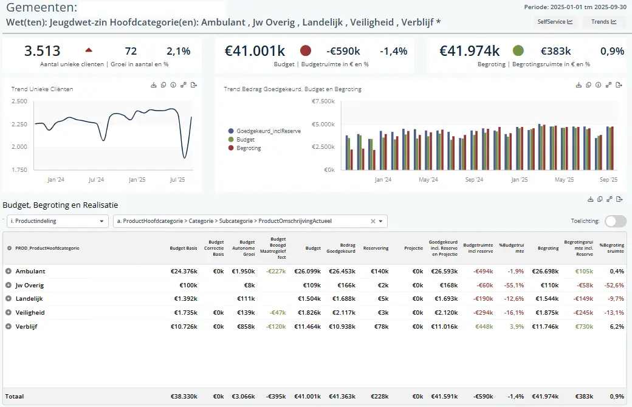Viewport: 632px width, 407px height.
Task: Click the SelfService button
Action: point(555,22)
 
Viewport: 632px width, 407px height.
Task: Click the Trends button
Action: point(604,22)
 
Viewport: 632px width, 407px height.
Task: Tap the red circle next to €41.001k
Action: point(306,50)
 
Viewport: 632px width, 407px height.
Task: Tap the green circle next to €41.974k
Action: point(518,50)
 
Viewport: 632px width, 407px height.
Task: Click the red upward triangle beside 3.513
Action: point(89,50)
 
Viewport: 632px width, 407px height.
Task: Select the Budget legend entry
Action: point(245,139)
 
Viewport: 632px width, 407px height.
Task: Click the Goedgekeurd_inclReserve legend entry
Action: point(268,131)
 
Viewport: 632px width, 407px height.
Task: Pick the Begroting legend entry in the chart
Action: point(248,148)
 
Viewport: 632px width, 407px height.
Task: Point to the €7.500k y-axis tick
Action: point(323,101)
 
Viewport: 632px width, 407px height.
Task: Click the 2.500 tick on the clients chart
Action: point(19,101)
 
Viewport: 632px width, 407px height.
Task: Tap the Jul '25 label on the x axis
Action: point(177,180)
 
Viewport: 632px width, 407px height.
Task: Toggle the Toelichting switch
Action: point(616,221)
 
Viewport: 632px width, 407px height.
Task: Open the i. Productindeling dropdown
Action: point(58,221)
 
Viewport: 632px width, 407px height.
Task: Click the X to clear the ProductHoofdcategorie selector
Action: point(373,221)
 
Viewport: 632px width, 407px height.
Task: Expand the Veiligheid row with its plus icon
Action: point(9,312)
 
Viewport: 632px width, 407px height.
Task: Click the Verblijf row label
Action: point(26,326)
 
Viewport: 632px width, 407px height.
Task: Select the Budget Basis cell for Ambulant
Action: point(185,271)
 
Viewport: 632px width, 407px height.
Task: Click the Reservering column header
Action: point(376,248)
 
